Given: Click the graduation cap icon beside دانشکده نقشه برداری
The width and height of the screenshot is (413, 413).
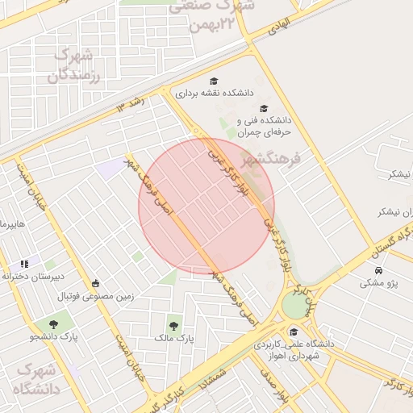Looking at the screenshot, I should pos(214,81).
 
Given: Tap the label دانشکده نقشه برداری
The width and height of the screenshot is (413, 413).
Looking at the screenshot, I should pos(188,94).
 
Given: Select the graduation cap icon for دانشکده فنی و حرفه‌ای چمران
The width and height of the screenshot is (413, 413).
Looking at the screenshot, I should pos(263,109).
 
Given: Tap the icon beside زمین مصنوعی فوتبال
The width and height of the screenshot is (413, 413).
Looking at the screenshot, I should pos(96,283).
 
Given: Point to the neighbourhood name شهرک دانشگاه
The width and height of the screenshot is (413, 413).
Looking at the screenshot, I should pos(35,379).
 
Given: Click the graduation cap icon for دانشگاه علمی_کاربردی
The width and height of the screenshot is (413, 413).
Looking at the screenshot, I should pos(294,332).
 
